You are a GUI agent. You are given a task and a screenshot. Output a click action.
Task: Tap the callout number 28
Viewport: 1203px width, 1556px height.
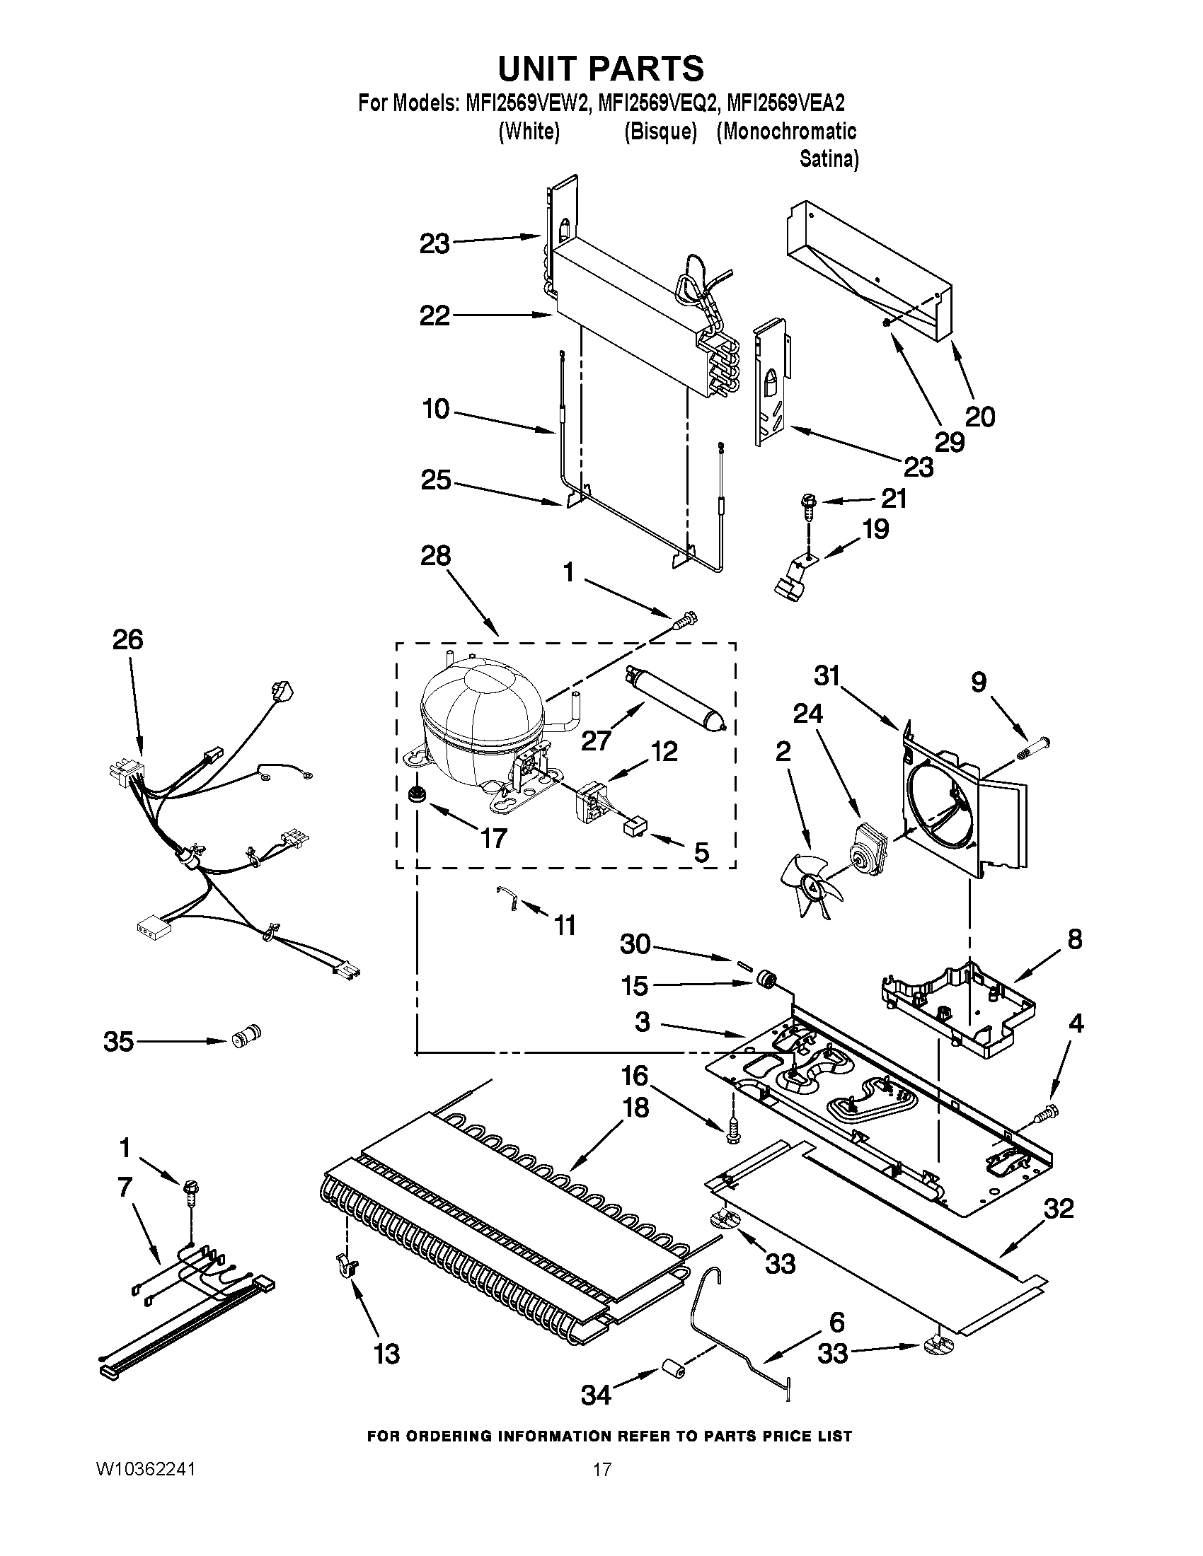tap(435, 555)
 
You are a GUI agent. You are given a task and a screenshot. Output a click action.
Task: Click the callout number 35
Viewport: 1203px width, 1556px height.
tap(118, 1041)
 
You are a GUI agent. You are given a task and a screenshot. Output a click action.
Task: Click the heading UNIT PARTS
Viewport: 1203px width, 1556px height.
tap(601, 69)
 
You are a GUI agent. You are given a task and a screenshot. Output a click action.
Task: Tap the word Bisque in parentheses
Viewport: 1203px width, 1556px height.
tap(660, 132)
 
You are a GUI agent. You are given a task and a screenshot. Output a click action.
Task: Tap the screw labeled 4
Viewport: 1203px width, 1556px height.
tap(1048, 1109)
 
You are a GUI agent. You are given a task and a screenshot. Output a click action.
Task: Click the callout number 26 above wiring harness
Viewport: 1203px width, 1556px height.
tap(127, 639)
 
